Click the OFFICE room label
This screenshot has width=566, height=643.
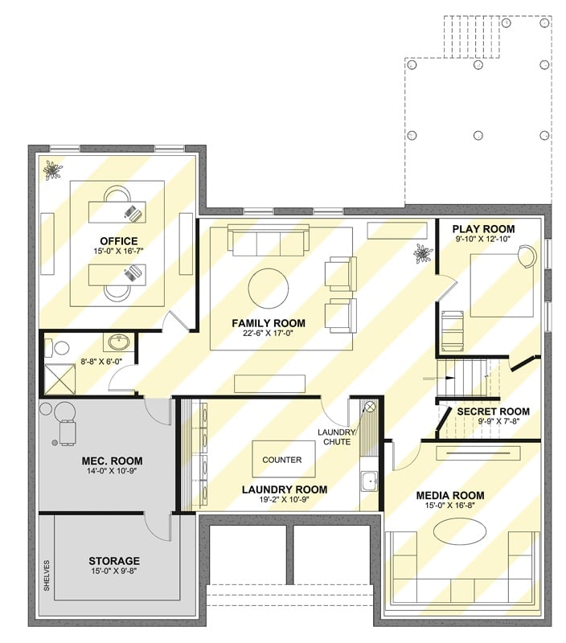point(118,241)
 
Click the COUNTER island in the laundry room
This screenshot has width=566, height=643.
point(282,461)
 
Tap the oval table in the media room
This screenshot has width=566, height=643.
point(459,532)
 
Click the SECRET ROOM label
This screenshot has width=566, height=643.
point(493,412)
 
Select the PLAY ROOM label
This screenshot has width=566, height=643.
point(483,229)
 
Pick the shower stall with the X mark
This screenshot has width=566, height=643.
point(55,377)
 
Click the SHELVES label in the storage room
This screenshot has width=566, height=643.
point(47,576)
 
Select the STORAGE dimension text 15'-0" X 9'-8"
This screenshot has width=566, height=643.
point(113,572)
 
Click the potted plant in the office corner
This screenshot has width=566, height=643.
point(54,170)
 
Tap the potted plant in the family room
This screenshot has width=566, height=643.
point(423,255)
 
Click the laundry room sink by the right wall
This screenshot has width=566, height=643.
point(370,482)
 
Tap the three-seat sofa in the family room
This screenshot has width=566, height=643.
point(268,240)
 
